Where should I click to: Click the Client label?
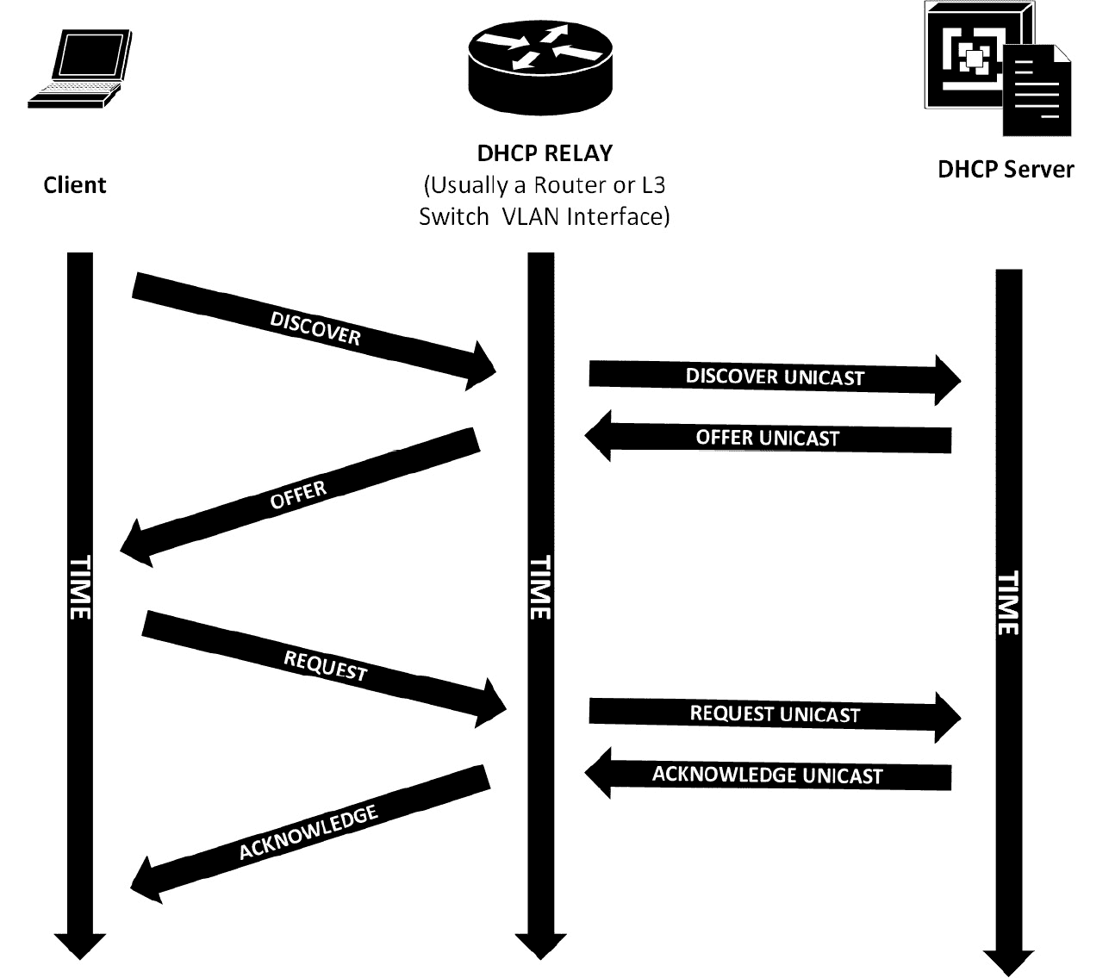(x=75, y=185)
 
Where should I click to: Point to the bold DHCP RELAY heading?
(x=545, y=153)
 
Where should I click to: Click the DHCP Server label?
(x=1006, y=169)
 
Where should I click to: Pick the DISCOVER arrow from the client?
(x=315, y=328)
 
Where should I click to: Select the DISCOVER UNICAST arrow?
(x=775, y=377)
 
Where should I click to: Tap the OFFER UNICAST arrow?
(x=768, y=438)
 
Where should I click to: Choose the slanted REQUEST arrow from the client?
(x=325, y=665)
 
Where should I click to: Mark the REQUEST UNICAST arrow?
(x=775, y=714)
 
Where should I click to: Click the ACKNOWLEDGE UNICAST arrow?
(x=768, y=775)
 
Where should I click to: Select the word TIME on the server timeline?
(x=1007, y=602)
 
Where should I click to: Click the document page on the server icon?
(x=1037, y=93)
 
